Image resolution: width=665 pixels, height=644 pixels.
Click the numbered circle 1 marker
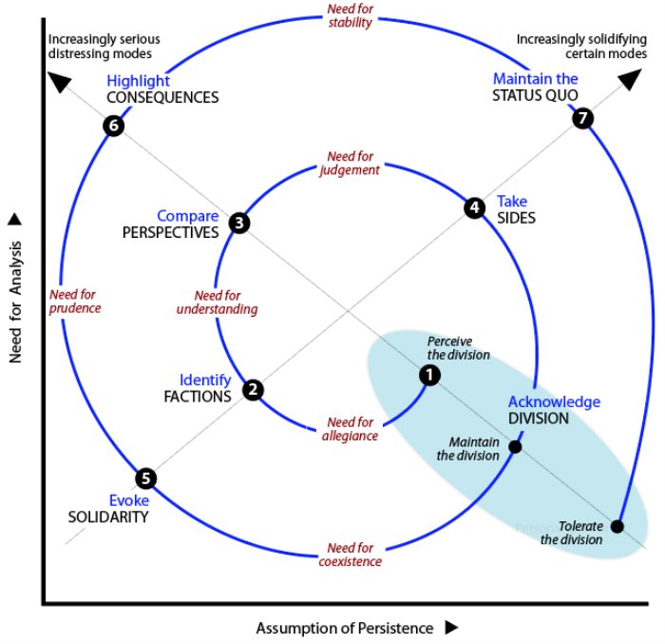429,375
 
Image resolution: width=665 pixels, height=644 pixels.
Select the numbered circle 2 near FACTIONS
253,389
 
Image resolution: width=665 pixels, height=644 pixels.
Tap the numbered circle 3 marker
239,223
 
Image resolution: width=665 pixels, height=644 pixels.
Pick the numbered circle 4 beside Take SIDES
474,207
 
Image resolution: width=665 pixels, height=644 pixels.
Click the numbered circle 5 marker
145,478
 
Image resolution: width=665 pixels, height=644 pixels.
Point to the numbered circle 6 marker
114,126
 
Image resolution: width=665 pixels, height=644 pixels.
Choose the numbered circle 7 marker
583,118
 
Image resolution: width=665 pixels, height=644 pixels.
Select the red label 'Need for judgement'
350,163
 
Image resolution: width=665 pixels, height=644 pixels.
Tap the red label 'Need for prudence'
75,301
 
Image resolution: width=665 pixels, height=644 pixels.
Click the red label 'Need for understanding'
217,302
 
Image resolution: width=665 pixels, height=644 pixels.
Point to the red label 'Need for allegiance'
350,429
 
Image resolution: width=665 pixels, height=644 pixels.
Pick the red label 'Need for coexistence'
350,555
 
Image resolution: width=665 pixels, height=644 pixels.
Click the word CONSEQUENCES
162,97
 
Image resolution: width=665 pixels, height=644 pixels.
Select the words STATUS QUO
535,95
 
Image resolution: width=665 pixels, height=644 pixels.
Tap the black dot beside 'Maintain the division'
515,446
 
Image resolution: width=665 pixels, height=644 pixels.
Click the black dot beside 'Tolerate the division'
617,526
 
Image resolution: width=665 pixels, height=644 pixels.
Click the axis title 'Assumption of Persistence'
344,628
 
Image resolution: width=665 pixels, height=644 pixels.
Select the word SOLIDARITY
107,517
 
